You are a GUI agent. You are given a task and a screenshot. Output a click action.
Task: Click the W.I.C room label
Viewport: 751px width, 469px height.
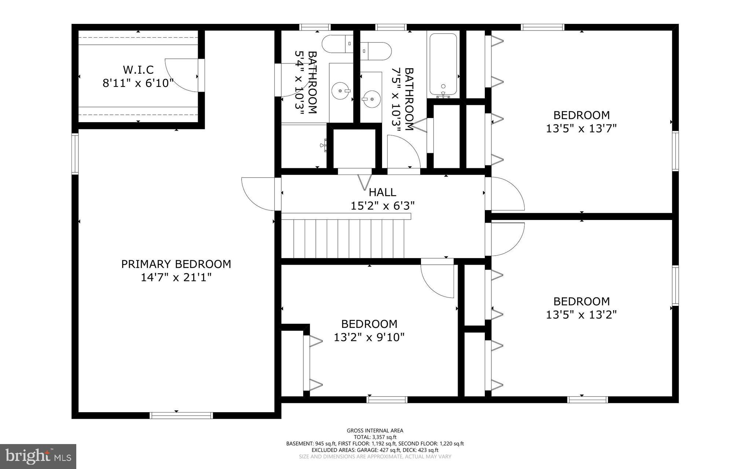point(138,69)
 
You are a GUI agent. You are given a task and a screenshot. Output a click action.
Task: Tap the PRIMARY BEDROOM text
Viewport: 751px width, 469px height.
point(176,264)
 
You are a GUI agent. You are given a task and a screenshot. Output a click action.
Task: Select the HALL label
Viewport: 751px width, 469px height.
point(382,192)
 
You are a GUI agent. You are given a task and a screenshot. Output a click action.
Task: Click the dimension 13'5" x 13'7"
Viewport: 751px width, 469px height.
point(581,129)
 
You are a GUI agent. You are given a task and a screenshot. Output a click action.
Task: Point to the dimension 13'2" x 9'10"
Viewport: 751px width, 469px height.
point(369,337)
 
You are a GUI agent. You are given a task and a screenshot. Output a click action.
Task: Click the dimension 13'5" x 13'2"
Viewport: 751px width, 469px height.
point(581,315)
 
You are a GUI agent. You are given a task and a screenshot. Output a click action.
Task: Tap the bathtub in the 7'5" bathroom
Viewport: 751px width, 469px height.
point(443,65)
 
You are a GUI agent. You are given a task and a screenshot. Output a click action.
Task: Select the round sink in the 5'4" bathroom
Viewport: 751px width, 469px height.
point(341,90)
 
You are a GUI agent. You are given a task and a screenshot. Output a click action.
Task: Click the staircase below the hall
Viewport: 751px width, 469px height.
point(345,238)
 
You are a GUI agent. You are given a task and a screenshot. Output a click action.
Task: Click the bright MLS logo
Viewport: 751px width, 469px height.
point(38,456)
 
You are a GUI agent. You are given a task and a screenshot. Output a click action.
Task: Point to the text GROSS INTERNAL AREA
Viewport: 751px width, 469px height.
point(375,430)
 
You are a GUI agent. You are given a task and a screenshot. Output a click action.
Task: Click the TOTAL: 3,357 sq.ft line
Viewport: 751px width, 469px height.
point(375,437)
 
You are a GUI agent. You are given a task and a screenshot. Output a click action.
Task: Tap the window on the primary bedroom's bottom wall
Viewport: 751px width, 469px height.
point(181,415)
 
